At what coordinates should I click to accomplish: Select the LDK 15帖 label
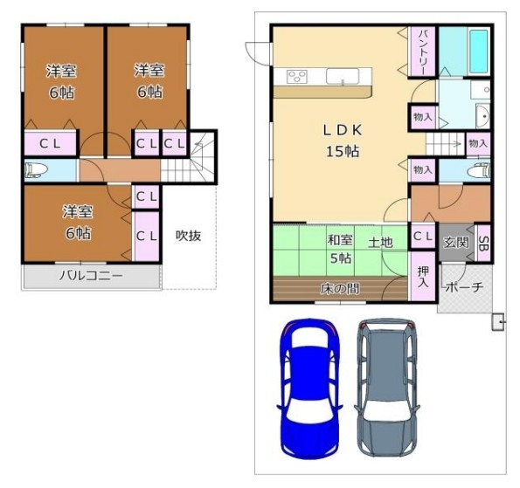click(x=343, y=141)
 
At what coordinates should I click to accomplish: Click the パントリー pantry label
click(x=423, y=52)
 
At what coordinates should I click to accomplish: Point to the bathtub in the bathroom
click(x=479, y=52)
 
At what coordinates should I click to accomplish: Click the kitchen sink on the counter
click(x=343, y=76)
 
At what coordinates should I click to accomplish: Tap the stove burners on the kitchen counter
click(x=297, y=77)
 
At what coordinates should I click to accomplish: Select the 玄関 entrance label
click(x=456, y=243)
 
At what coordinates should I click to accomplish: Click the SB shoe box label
click(x=483, y=244)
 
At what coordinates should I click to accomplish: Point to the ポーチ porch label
click(x=464, y=287)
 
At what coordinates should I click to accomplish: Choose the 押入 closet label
click(x=423, y=277)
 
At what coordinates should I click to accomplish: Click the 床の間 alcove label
click(x=340, y=289)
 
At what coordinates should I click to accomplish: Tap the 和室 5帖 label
click(x=340, y=249)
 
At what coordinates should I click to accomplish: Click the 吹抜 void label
click(x=188, y=236)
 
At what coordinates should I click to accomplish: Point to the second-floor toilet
click(x=37, y=170)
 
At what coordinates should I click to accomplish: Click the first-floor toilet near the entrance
click(x=478, y=171)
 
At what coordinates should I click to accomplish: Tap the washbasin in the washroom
click(x=482, y=116)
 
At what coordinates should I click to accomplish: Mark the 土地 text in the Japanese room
click(x=380, y=243)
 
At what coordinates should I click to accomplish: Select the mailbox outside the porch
click(x=498, y=321)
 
